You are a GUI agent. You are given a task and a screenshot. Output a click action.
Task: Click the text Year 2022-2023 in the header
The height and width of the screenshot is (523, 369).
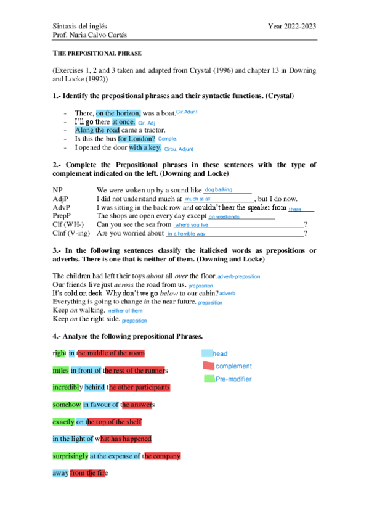[x=292, y=26]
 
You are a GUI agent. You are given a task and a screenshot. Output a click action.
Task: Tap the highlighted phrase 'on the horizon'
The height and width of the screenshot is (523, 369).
[x=118, y=113]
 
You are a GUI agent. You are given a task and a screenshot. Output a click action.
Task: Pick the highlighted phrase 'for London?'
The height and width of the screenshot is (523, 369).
[x=137, y=139]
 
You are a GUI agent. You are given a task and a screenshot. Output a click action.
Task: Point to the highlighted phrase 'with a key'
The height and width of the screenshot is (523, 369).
[x=145, y=147]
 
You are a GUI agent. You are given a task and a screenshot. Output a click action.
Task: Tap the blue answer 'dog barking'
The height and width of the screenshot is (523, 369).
[x=219, y=189]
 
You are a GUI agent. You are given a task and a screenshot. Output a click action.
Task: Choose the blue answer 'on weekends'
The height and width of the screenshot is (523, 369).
[x=224, y=217]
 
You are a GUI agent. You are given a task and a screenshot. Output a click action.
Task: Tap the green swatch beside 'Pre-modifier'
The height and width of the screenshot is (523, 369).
[x=209, y=378]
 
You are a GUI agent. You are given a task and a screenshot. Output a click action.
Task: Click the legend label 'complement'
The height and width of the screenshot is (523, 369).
[x=233, y=366]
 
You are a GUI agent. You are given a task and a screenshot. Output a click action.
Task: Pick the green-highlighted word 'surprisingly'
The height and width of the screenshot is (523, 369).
[x=70, y=456]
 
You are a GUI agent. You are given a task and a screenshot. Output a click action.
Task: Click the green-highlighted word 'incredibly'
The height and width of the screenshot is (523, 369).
[x=67, y=387]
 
